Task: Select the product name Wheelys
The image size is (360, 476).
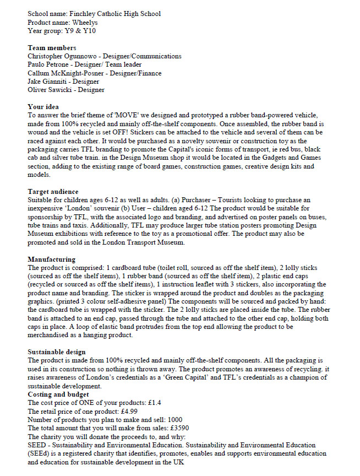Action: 87,22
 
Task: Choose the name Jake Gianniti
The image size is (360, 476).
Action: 46,82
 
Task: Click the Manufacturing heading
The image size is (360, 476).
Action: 52,259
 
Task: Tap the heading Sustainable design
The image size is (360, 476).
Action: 57,351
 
